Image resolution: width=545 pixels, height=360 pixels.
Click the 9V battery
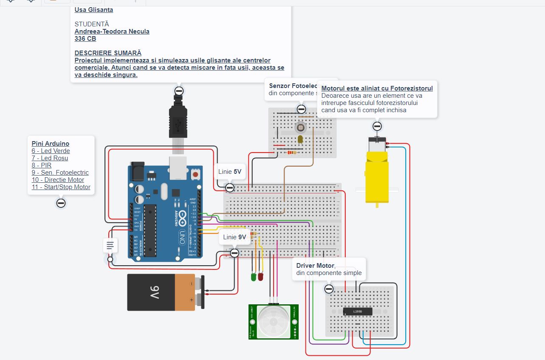click(164, 292)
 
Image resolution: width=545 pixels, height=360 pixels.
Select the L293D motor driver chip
click(358, 312)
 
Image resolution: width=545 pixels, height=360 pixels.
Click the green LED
click(254, 277)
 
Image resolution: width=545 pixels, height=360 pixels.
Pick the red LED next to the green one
click(260, 277)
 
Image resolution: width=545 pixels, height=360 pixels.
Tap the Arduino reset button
click(195, 174)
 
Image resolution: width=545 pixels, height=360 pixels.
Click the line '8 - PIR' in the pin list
click(42, 165)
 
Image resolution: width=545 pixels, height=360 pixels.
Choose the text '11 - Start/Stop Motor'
click(61, 187)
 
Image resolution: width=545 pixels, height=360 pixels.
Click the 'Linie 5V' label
click(229, 172)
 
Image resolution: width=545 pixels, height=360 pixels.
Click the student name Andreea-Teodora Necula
click(112, 31)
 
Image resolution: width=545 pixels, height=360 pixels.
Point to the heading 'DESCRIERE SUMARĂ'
click(108, 53)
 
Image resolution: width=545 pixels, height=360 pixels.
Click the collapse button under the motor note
click(377, 126)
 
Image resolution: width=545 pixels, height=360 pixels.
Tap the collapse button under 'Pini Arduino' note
click(61, 203)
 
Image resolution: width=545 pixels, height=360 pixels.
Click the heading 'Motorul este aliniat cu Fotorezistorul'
click(377, 88)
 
